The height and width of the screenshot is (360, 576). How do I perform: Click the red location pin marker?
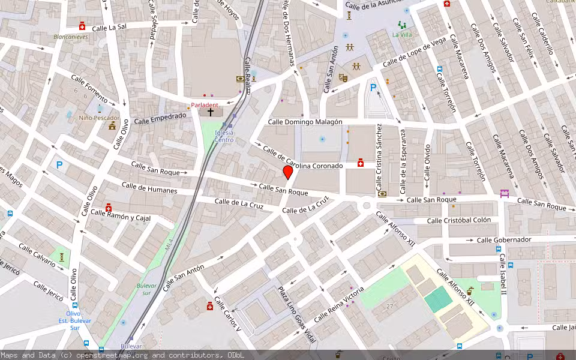point(288,173)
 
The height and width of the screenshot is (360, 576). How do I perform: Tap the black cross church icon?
point(211,112)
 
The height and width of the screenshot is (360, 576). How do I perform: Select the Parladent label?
point(205,105)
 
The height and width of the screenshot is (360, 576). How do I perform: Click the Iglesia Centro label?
point(224,136)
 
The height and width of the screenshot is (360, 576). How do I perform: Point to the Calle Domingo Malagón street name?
point(305,122)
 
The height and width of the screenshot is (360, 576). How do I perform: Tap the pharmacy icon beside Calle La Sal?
point(82,26)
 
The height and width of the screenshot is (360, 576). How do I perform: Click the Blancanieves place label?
point(70,36)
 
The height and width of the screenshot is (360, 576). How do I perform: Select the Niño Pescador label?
point(100,118)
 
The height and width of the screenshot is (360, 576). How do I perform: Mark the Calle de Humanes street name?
point(149,188)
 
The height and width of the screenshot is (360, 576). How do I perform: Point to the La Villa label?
point(402,35)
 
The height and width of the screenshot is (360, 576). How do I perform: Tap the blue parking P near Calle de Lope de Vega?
point(373,88)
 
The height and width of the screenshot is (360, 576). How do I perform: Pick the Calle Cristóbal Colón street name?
point(459,221)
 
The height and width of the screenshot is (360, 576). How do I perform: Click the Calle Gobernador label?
point(504,240)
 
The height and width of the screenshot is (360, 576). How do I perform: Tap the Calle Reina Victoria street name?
point(338,304)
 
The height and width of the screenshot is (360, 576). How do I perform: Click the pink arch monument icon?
point(504,193)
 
